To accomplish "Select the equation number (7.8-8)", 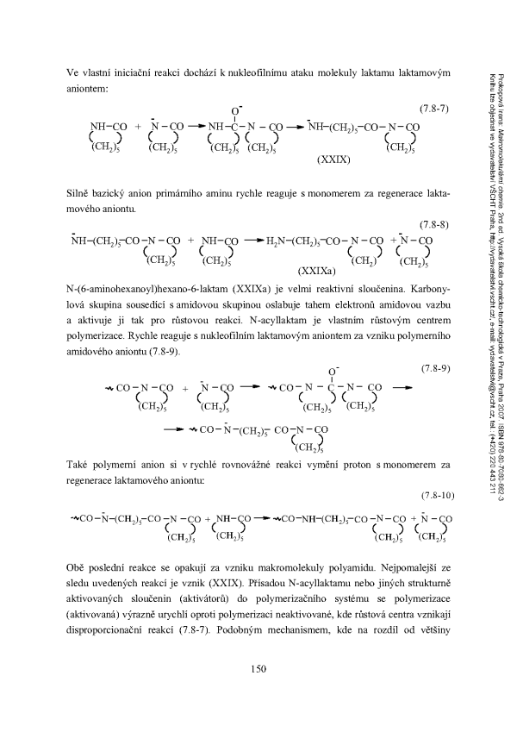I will tap(435, 223).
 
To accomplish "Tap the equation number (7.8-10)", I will tap(434, 496).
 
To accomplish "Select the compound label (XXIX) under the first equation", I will tap(333, 161).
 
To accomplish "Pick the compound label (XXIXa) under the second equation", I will tap(317, 270).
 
